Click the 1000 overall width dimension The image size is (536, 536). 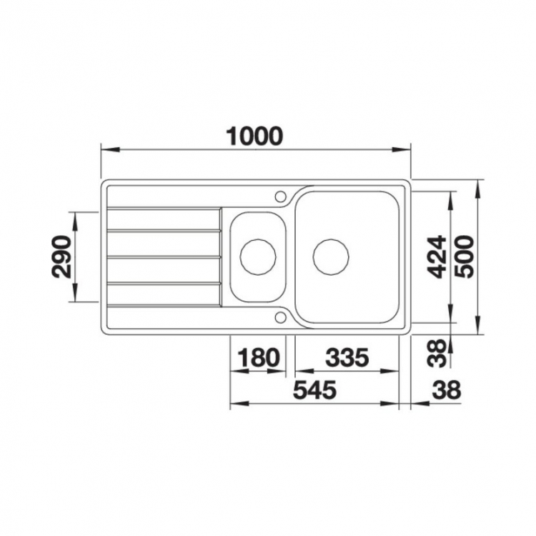[255, 136]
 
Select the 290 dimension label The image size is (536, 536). [61, 257]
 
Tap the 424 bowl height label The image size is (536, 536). [437, 257]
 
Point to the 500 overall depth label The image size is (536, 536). [465, 257]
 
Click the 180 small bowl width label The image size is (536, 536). [259, 357]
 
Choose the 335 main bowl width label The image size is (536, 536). [347, 357]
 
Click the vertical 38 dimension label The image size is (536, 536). [437, 353]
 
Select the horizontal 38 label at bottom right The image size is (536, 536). [447, 390]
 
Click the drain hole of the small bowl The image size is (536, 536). [258, 257]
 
